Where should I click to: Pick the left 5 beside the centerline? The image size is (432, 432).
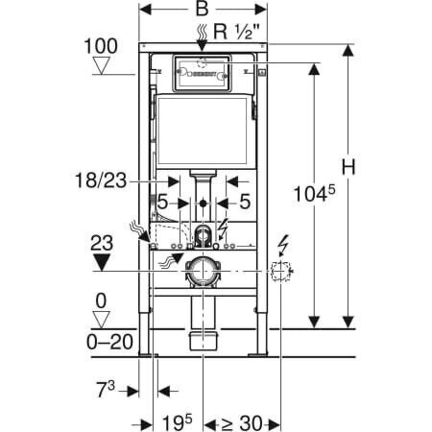pos(165,203)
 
